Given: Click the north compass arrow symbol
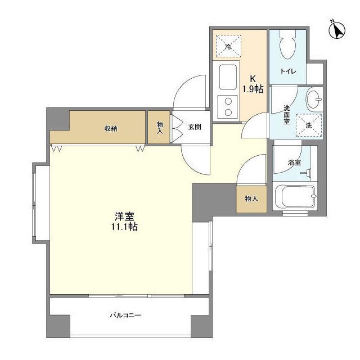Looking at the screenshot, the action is [337, 30].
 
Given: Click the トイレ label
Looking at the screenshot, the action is [288, 71].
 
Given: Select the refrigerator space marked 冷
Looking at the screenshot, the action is [229, 46].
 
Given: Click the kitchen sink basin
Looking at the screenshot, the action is [228, 78].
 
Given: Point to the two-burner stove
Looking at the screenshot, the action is [228, 107].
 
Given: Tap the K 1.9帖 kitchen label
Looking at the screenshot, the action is [253, 84].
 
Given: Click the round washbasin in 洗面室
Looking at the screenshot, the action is [313, 100].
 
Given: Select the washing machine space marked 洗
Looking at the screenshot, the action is [309, 125].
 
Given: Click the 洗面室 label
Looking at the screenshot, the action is [286, 115].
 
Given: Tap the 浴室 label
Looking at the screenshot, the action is [295, 163].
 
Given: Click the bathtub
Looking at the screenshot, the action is [295, 196].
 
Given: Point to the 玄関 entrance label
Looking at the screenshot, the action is [195, 127].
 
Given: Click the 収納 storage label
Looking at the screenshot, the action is [111, 129].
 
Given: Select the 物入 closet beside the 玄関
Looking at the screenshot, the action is [159, 128].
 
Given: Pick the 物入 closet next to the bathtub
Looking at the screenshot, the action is [251, 199].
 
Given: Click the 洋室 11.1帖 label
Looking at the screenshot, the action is [125, 221].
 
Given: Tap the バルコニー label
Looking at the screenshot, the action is [125, 315].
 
